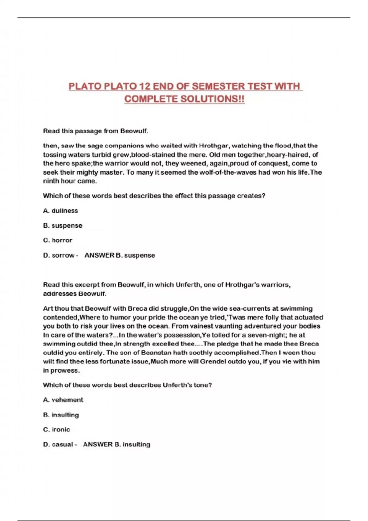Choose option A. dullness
point(60,211)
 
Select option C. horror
point(58,240)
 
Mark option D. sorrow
point(59,255)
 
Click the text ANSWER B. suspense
point(120,255)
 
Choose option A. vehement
point(63,400)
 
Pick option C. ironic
point(57,430)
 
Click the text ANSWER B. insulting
point(117,444)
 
